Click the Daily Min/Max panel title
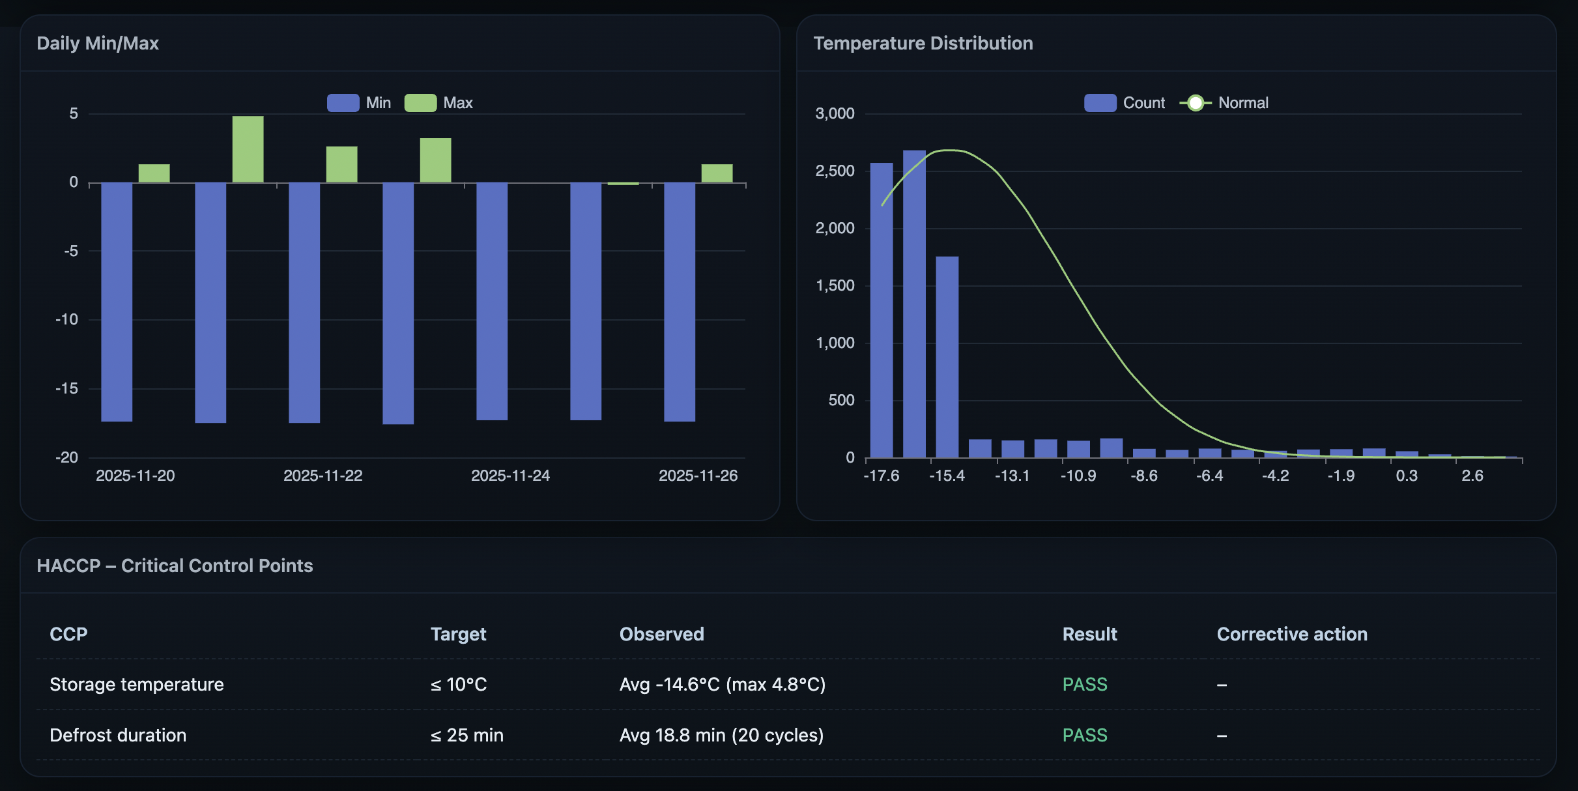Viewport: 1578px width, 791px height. tap(98, 44)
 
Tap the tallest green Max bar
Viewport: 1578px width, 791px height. tap(248, 149)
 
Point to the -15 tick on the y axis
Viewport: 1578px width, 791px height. tap(66, 389)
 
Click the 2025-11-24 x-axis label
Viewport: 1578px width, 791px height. tap(510, 476)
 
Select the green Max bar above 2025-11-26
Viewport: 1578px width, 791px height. tap(717, 173)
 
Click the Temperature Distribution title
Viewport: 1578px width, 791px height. tap(923, 44)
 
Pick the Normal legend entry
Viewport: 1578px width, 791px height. tap(1225, 103)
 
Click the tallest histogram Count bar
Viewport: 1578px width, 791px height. tap(914, 304)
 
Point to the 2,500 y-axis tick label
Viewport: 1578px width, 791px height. tap(835, 171)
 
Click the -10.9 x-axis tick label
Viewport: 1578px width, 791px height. tap(1078, 476)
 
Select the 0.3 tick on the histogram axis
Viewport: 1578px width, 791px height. tap(1407, 476)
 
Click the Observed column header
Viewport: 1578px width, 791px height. tap(661, 634)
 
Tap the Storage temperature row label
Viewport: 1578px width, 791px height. tap(137, 684)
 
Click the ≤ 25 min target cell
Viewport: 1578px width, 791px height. tap(466, 735)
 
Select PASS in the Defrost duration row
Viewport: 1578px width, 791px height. tap(1084, 735)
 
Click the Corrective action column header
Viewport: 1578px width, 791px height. tap(1291, 634)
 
